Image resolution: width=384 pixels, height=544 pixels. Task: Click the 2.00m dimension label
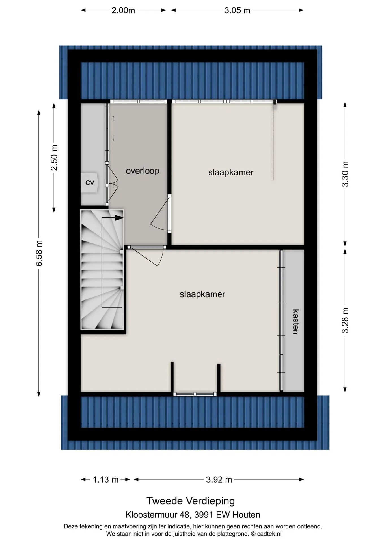tap(123, 10)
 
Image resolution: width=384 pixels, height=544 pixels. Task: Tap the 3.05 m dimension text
tap(237, 10)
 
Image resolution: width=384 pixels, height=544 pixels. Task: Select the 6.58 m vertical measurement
tap(39, 253)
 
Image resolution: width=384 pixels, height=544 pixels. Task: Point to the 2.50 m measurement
tap(54, 158)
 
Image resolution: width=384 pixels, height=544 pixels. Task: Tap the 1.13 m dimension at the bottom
tap(105, 479)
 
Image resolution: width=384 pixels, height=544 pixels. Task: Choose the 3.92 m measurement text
tap(219, 479)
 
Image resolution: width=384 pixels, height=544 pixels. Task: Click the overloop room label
tap(143, 171)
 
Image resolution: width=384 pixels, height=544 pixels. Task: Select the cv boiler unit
tap(90, 183)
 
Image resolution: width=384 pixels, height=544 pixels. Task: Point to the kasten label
tap(296, 322)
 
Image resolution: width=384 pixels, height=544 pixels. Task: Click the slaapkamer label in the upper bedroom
tap(231, 172)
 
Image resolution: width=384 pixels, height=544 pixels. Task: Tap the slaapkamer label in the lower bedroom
tap(202, 294)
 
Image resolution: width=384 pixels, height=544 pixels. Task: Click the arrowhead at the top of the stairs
tap(120, 218)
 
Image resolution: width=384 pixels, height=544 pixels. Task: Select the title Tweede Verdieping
tap(191, 501)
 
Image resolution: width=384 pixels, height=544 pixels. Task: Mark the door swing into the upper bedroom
tap(160, 213)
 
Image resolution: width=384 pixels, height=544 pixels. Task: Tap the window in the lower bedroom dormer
tap(195, 394)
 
